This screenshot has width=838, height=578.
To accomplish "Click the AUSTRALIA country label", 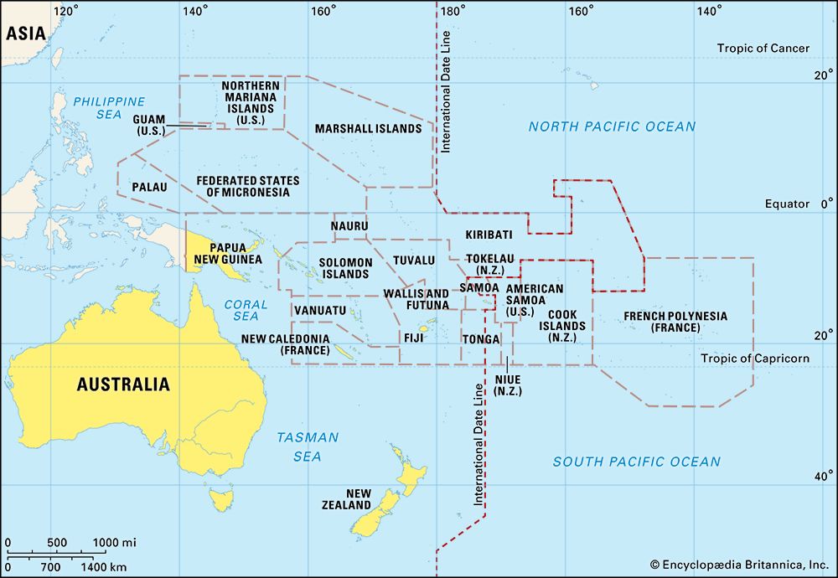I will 123,384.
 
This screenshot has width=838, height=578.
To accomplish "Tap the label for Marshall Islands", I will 368,129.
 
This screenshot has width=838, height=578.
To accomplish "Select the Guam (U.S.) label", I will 150,126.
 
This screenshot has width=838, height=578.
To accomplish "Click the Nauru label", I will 349,226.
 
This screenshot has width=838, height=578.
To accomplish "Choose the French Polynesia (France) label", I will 675,322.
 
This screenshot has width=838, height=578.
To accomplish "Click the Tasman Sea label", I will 308,446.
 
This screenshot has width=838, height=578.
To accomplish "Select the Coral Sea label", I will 246,310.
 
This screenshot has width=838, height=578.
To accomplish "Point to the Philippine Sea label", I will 109,108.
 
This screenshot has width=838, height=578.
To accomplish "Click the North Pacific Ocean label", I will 612,126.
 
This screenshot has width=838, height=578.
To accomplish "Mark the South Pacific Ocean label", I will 636,462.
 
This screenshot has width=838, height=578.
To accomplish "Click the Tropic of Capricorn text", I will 755,359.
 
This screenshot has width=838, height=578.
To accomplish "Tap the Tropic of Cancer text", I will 763,49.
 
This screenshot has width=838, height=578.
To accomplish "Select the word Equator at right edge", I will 787,204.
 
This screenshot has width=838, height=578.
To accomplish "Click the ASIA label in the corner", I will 24,33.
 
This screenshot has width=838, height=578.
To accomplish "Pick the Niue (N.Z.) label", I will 508,384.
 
